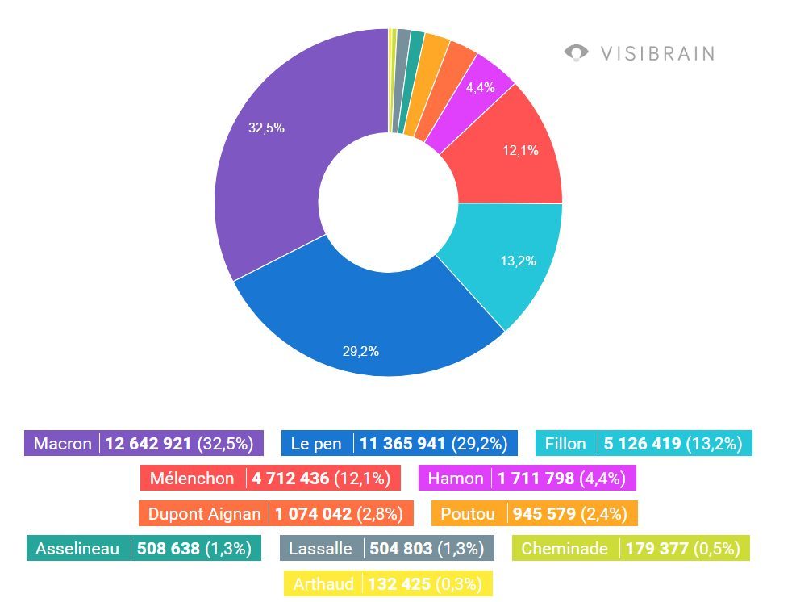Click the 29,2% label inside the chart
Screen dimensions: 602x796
click(360, 351)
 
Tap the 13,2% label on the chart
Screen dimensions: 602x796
click(518, 261)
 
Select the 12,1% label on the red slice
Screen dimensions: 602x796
click(520, 150)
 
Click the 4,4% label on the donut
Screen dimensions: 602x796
click(481, 87)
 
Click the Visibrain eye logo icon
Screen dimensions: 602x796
click(576, 53)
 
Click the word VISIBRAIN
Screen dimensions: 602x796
click(657, 53)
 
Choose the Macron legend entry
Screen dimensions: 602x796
click(144, 443)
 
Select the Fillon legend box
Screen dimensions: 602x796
click(643, 443)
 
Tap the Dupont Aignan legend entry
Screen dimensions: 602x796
click(275, 513)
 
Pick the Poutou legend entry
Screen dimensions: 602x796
click(534, 513)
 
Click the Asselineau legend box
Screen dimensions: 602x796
click(144, 549)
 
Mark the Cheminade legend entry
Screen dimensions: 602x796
click(631, 549)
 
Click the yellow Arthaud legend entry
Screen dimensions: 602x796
click(388, 583)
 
